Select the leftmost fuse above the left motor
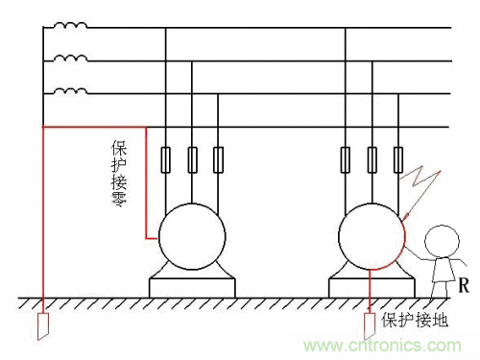168,158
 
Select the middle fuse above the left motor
193,158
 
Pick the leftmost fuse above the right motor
348,158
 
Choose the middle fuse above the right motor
372,158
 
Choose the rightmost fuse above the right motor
397,158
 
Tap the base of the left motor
192,285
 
